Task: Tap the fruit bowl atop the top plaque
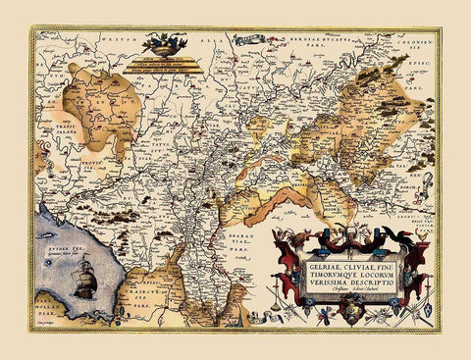click(165, 43)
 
